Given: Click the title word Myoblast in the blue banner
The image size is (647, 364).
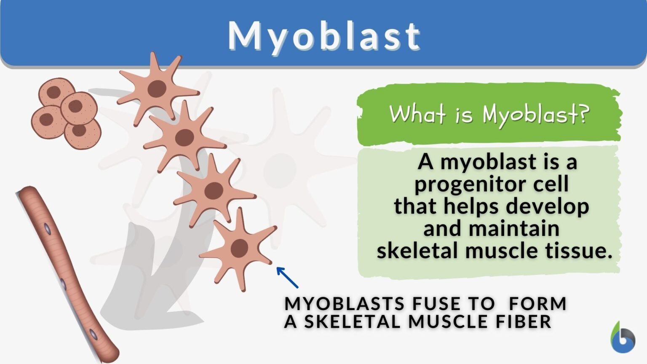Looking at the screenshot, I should pyautogui.click(x=323, y=36).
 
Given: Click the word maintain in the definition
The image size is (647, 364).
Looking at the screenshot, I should pyautogui.click(x=514, y=229).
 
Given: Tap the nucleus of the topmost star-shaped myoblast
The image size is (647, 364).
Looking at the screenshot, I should pyautogui.click(x=157, y=89).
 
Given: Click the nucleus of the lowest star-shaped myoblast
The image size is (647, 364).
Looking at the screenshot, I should pyautogui.click(x=239, y=248).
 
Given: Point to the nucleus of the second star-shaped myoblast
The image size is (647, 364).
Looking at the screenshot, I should pyautogui.click(x=184, y=138).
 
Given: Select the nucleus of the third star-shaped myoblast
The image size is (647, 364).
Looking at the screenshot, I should pyautogui.click(x=214, y=191).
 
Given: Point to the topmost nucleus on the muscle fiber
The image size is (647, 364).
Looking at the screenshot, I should pyautogui.click(x=48, y=230).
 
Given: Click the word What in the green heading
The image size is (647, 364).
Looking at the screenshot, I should pyautogui.click(x=417, y=114).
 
